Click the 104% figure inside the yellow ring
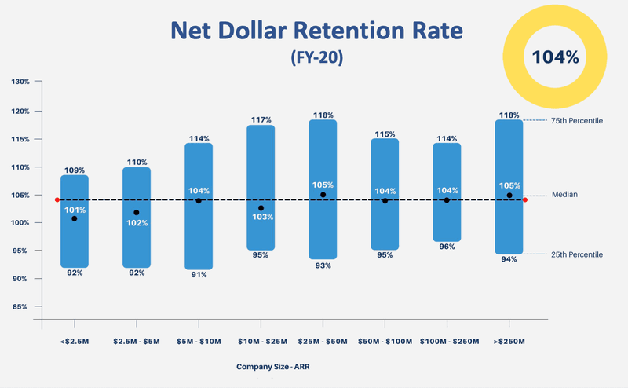tap(555, 57)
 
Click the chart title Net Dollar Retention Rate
tap(317, 31)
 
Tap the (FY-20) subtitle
tap(316, 57)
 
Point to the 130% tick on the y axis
tap(20, 82)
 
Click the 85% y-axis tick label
tap(20, 307)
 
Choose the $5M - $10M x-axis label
tap(199, 342)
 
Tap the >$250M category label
tap(509, 342)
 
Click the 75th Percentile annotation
tap(577, 120)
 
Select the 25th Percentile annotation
tap(577, 254)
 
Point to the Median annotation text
tap(564, 194)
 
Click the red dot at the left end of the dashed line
tap(57, 200)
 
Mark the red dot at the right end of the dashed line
tap(525, 200)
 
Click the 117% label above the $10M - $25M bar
tap(261, 120)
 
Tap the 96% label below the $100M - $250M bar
tap(447, 247)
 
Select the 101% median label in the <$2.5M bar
tap(75, 210)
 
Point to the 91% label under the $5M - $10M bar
tap(199, 275)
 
